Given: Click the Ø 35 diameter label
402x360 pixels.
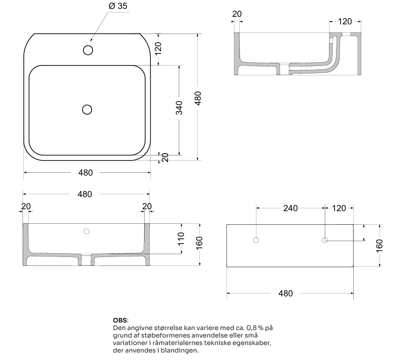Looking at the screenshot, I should point(117,6).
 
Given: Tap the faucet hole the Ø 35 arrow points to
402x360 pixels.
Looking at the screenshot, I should point(88,50).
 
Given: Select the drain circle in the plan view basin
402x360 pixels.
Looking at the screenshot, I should point(87,110).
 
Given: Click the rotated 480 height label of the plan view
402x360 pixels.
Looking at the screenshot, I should point(198,99).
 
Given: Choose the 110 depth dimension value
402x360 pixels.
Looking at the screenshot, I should point(181,239).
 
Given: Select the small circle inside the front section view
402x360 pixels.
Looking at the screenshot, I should point(86,231).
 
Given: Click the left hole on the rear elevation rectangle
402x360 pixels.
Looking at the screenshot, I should point(256,240).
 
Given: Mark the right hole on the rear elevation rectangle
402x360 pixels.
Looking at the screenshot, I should point(325,240).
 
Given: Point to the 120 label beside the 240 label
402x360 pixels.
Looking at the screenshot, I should point(339,208).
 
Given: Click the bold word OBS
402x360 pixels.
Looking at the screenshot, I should point(120,321).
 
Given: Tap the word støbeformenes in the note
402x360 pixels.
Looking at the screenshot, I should point(161,336).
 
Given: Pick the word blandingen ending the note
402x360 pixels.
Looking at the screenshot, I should point(180,351).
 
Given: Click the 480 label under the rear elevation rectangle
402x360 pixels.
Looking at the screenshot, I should point(285,294).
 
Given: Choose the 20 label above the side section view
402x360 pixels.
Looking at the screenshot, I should point(237,14).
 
